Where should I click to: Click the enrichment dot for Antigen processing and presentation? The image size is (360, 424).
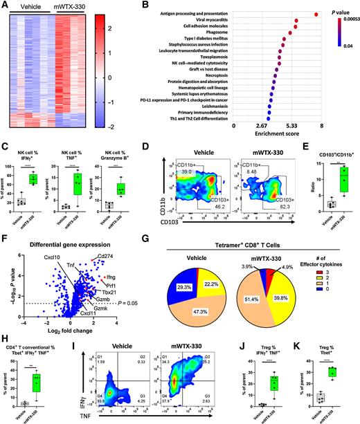click(x=316, y=14)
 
